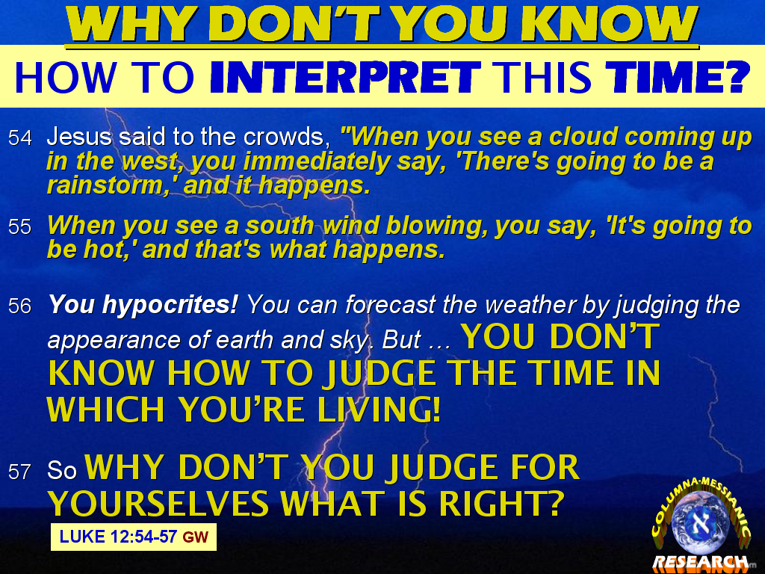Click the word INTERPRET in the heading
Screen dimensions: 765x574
pos(345,77)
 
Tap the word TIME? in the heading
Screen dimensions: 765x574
pos(677,77)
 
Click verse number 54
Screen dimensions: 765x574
pos(20,138)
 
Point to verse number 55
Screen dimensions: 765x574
pos(20,227)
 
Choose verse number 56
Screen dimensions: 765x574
pos(20,306)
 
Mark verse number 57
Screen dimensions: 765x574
pos(20,472)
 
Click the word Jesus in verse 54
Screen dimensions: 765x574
pos(79,137)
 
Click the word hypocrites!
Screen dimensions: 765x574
pos(170,306)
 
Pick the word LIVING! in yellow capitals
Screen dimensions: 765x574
pos(379,409)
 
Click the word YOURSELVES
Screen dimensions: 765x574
pos(158,503)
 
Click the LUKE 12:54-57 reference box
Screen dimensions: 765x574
pos(134,537)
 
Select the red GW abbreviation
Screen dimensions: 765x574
pos(196,537)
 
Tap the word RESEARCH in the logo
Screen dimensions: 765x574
pos(701,562)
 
